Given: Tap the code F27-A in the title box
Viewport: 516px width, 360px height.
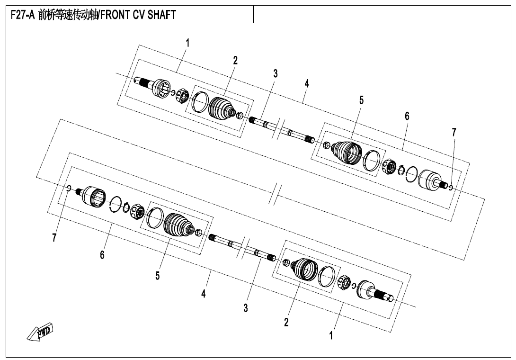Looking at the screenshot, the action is (x=23, y=15).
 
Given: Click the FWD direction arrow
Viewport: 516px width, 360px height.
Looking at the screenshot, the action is (x=40, y=332).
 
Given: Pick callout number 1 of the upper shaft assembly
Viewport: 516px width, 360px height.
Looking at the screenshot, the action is (x=187, y=43).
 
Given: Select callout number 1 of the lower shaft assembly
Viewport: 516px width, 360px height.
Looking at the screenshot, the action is (x=331, y=336).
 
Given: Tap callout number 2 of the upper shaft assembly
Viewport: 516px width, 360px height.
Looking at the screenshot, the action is (x=235, y=60).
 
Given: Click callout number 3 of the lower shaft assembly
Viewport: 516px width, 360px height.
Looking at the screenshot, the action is (x=246, y=308).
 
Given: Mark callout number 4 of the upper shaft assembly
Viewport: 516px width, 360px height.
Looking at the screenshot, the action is (x=307, y=83).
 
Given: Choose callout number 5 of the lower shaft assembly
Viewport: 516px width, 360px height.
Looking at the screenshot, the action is (x=157, y=276).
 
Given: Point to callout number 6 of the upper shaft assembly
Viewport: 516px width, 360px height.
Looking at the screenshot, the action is (x=407, y=116).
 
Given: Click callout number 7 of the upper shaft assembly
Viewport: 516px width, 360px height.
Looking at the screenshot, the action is (x=454, y=133).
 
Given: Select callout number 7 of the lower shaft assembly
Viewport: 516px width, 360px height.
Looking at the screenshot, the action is (x=54, y=237).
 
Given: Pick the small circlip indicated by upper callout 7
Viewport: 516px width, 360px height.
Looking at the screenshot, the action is (x=451, y=188).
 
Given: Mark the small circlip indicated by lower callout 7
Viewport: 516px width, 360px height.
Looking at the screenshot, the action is (x=69, y=188).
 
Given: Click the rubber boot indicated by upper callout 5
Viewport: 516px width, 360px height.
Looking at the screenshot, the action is (x=346, y=152).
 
